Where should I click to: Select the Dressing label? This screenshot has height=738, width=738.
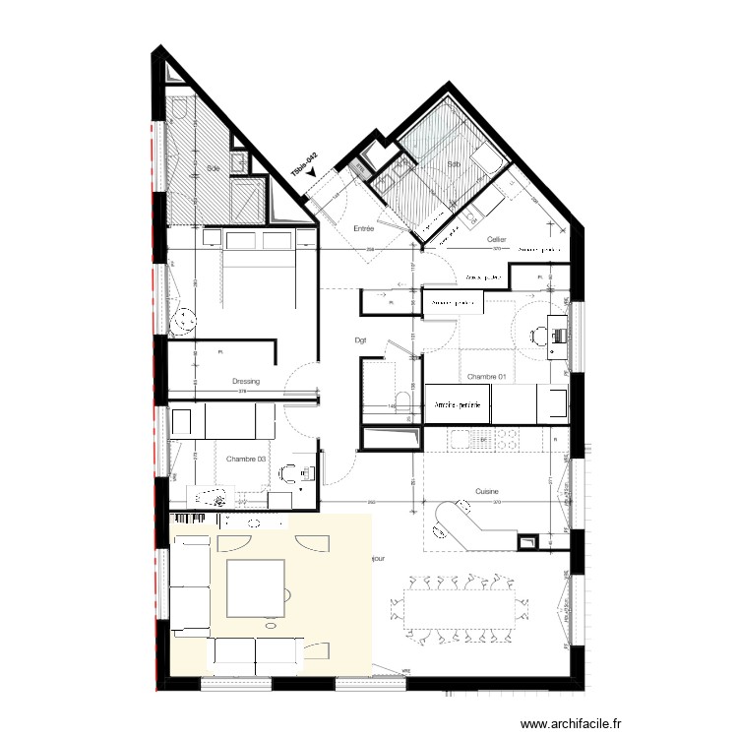[x=245, y=382]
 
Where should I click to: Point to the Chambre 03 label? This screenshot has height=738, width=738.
[x=247, y=459]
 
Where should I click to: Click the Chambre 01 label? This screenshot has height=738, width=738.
[x=486, y=377]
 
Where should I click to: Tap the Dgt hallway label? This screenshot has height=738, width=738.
[x=360, y=341]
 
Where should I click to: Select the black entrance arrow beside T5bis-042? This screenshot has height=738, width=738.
[x=312, y=172]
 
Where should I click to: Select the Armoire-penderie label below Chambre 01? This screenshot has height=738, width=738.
[x=456, y=404]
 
